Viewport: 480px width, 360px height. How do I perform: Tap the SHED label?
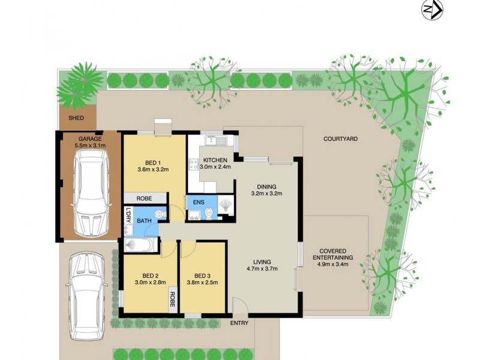(x=76, y=118)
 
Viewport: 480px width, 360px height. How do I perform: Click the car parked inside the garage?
(x=91, y=193)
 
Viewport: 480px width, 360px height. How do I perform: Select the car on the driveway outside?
(x=87, y=295)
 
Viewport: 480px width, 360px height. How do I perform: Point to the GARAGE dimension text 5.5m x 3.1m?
(x=90, y=145)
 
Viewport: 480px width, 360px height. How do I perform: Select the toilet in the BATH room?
(x=159, y=214)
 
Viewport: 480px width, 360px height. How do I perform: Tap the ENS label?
(x=199, y=202)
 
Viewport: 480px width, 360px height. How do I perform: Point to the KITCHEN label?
(x=214, y=160)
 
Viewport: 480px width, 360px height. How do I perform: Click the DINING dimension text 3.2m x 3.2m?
(x=266, y=194)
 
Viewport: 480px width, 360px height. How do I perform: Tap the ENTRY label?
(x=239, y=323)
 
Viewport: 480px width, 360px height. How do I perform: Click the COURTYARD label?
(x=340, y=139)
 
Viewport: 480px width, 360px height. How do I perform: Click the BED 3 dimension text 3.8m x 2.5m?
(x=202, y=283)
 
